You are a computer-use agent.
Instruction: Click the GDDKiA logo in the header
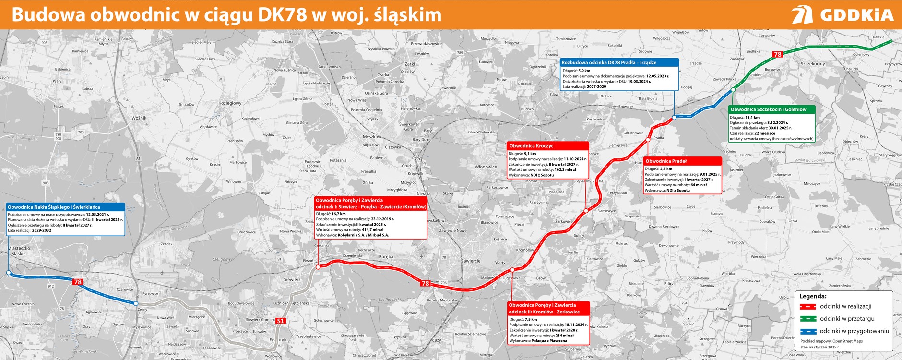click(842, 14)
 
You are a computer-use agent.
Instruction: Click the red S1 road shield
click(281, 321)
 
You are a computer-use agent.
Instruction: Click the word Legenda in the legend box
click(813, 296)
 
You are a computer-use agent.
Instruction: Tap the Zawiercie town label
click(471, 261)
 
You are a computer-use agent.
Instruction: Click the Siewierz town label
click(292, 279)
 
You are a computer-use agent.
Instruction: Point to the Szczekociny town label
click(813, 64)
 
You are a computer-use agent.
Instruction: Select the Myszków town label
click(372, 137)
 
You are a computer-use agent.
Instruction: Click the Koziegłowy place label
click(230, 103)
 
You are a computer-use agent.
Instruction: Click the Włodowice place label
click(486, 167)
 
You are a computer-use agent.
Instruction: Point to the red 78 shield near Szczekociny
click(778, 54)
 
